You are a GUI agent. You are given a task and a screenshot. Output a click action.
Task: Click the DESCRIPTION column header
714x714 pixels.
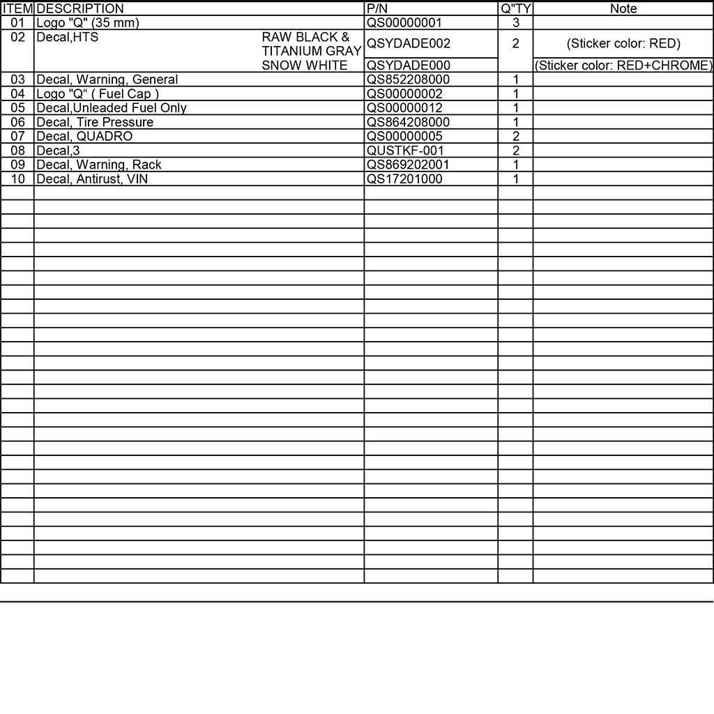[80, 9]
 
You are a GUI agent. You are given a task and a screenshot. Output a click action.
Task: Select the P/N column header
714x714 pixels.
[377, 9]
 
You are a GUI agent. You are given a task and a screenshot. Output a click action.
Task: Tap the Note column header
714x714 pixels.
[623, 9]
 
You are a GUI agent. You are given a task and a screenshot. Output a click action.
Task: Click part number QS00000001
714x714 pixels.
[404, 23]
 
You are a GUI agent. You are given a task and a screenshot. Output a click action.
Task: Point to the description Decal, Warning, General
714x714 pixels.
[107, 79]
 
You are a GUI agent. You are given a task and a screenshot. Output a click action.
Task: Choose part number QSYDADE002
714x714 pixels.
[409, 43]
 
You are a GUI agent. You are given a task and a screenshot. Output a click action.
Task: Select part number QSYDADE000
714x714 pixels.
[409, 66]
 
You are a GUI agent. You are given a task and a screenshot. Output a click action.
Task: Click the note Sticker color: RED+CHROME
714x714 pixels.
[623, 66]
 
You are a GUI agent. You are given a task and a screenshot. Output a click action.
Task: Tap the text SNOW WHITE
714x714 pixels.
[305, 66]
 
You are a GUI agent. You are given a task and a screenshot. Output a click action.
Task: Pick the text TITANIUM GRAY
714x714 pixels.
[312, 51]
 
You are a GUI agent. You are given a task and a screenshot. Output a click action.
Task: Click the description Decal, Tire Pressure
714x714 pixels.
[95, 122]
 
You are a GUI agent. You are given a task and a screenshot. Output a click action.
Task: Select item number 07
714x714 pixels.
[17, 136]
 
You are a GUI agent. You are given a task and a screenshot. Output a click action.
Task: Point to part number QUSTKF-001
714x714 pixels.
[405, 151]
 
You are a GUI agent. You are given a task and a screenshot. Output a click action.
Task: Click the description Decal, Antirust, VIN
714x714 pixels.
[92, 179]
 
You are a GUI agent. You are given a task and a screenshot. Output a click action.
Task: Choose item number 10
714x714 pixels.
[17, 179]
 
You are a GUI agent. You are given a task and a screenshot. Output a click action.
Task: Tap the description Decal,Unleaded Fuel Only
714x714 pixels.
[112, 108]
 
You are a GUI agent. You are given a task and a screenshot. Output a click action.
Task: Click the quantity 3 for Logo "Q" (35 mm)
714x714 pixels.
[515, 23]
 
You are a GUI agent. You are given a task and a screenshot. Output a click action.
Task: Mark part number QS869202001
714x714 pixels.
[409, 165]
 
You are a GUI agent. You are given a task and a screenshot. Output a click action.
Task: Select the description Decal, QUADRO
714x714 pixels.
[84, 136]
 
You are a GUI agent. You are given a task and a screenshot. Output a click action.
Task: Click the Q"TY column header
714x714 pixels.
[515, 9]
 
